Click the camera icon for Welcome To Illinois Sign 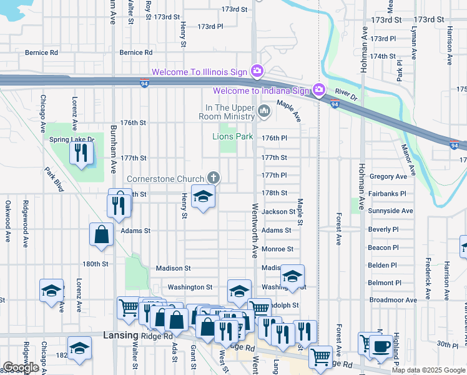point(256,72)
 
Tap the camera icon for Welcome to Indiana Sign point(319,91)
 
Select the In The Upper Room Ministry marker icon point(264,112)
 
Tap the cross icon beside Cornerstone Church point(214,178)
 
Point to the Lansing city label point(119,336)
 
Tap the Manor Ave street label point(408,159)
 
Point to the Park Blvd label point(54,179)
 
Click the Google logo point(21,367)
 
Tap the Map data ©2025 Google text point(428,370)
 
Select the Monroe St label point(277,249)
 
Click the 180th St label point(96,264)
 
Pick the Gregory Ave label point(388,177)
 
